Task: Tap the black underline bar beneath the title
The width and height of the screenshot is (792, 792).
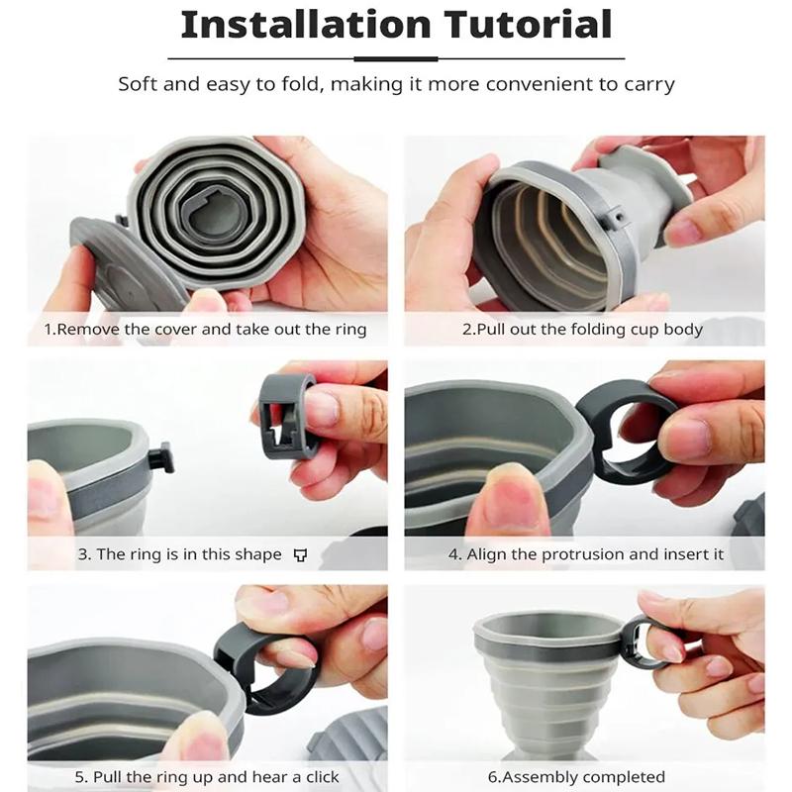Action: [x=396, y=58]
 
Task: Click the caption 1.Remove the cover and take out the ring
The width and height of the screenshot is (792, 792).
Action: [x=205, y=330]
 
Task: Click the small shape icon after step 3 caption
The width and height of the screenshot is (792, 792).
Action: [x=301, y=555]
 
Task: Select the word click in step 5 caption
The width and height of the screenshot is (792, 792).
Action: [x=318, y=777]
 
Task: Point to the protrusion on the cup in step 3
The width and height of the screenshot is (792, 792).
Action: [x=161, y=458]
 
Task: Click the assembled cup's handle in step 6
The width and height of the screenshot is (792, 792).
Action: [x=643, y=641]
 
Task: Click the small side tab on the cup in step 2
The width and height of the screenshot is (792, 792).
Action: [x=616, y=217]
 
